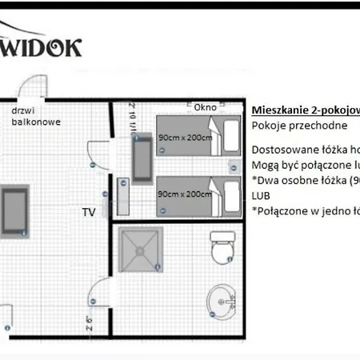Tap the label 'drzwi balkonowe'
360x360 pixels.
[x=36, y=116]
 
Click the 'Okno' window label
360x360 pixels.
[x=206, y=106]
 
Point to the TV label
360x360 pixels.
[x=89, y=212]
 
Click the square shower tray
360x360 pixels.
[x=143, y=250]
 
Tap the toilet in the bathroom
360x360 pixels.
[x=222, y=246]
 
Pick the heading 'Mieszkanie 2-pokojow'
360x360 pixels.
[x=305, y=110]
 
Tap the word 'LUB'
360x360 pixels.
[x=261, y=195]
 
